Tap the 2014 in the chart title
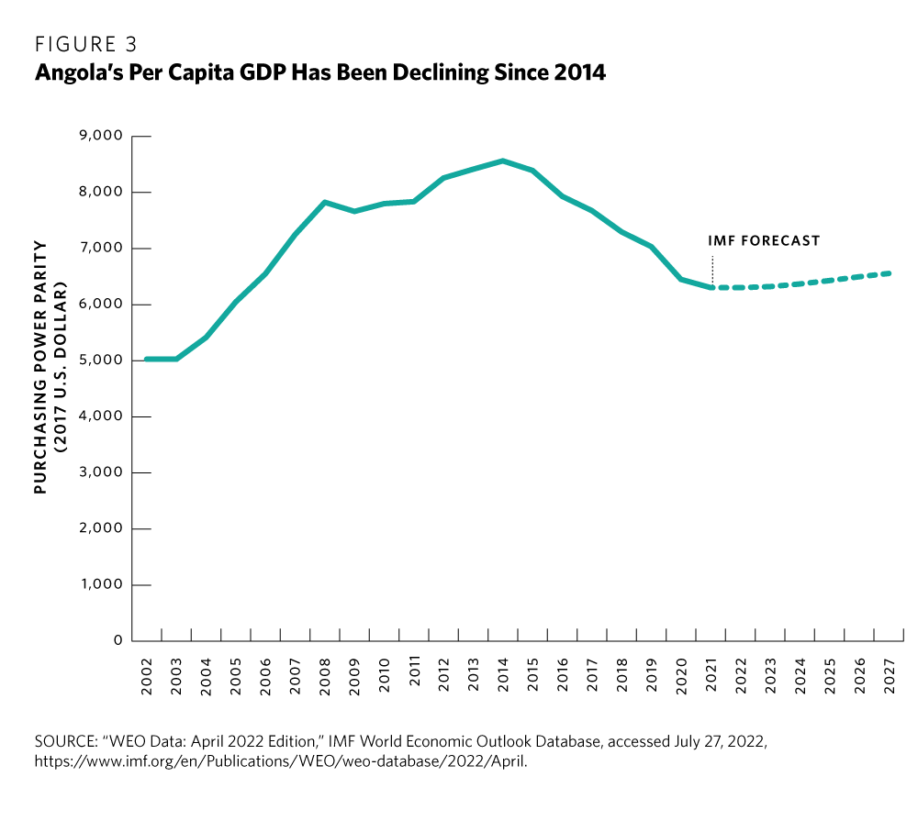[579, 72]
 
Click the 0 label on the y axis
[118, 640]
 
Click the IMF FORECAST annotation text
[763, 241]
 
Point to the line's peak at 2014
[502, 161]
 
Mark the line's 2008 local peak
[325, 202]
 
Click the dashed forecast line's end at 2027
[889, 272]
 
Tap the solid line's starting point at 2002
[147, 359]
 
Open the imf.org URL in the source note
[281, 760]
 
